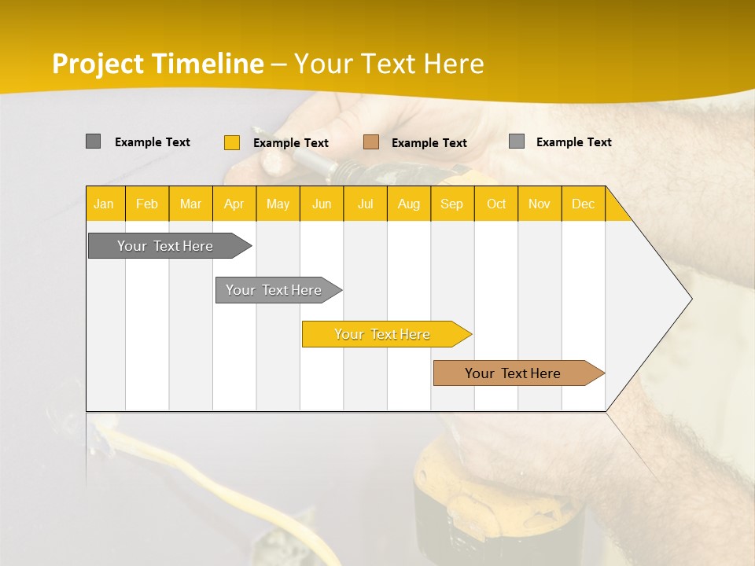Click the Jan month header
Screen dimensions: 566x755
pyautogui.click(x=104, y=204)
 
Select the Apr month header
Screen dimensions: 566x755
pyautogui.click(x=234, y=204)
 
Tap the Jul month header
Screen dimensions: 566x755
pyautogui.click(x=365, y=204)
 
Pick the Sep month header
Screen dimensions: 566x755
pyautogui.click(x=451, y=204)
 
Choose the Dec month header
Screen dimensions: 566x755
pyautogui.click(x=583, y=204)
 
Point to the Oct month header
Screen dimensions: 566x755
pyautogui.click(x=495, y=204)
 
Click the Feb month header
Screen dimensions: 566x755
pyautogui.click(x=147, y=204)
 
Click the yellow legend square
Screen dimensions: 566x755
pyautogui.click(x=231, y=142)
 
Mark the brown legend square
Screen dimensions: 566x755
pyautogui.click(x=371, y=142)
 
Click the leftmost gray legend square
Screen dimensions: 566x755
pyautogui.click(x=93, y=141)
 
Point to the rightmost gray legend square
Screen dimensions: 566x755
pyautogui.click(x=516, y=141)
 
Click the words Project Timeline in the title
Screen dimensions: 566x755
pyautogui.click(x=157, y=64)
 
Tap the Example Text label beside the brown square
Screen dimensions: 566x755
pyautogui.click(x=429, y=142)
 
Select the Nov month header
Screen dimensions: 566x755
pyautogui.click(x=540, y=204)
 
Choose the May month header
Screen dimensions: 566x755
pyautogui.click(x=278, y=204)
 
